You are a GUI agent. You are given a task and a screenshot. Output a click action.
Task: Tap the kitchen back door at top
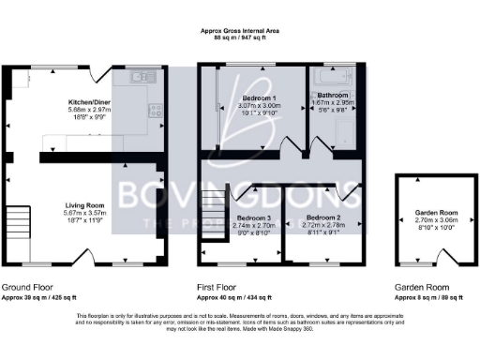[103, 72]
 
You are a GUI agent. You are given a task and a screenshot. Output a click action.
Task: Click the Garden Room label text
[427, 212]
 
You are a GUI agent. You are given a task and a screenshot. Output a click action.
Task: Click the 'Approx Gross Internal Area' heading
[239, 31]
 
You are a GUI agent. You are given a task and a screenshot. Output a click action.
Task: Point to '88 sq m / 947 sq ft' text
[239, 38]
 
